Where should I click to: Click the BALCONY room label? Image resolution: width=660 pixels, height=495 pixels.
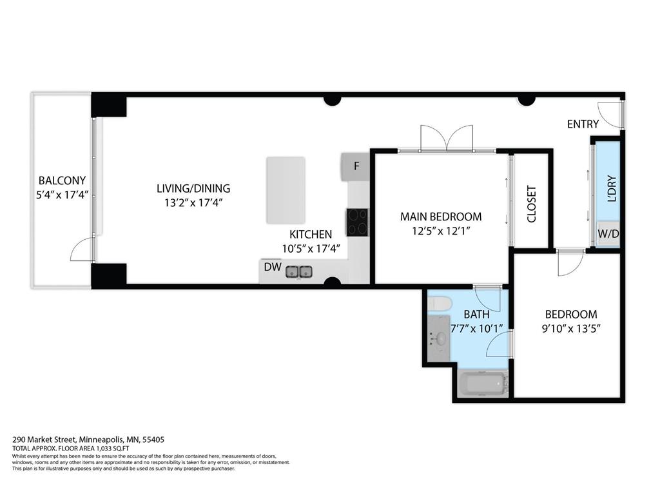point(62,180)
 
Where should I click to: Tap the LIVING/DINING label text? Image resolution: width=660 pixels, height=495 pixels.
point(193,189)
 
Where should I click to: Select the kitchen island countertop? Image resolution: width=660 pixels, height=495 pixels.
point(286,190)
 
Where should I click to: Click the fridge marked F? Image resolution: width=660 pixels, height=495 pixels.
point(355,167)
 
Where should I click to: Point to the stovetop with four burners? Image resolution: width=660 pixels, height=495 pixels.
point(357,222)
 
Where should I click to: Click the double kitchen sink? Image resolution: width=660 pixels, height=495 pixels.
point(299,271)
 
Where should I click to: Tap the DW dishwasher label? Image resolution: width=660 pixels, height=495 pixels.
point(271,267)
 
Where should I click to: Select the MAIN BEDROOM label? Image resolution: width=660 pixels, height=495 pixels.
point(441,217)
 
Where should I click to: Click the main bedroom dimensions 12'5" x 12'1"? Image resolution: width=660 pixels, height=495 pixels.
point(441,231)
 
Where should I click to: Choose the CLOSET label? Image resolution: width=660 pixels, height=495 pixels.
point(532,204)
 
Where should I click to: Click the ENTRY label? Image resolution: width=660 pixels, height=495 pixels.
point(583,124)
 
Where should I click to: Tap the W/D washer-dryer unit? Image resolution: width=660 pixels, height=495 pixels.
point(608,233)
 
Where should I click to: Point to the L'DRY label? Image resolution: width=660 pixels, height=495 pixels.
point(612,189)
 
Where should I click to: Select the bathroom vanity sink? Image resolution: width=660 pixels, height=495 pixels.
point(440,338)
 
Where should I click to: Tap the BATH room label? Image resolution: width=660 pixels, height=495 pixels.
point(476,315)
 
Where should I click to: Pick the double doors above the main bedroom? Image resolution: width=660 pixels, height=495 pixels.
point(446,139)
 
